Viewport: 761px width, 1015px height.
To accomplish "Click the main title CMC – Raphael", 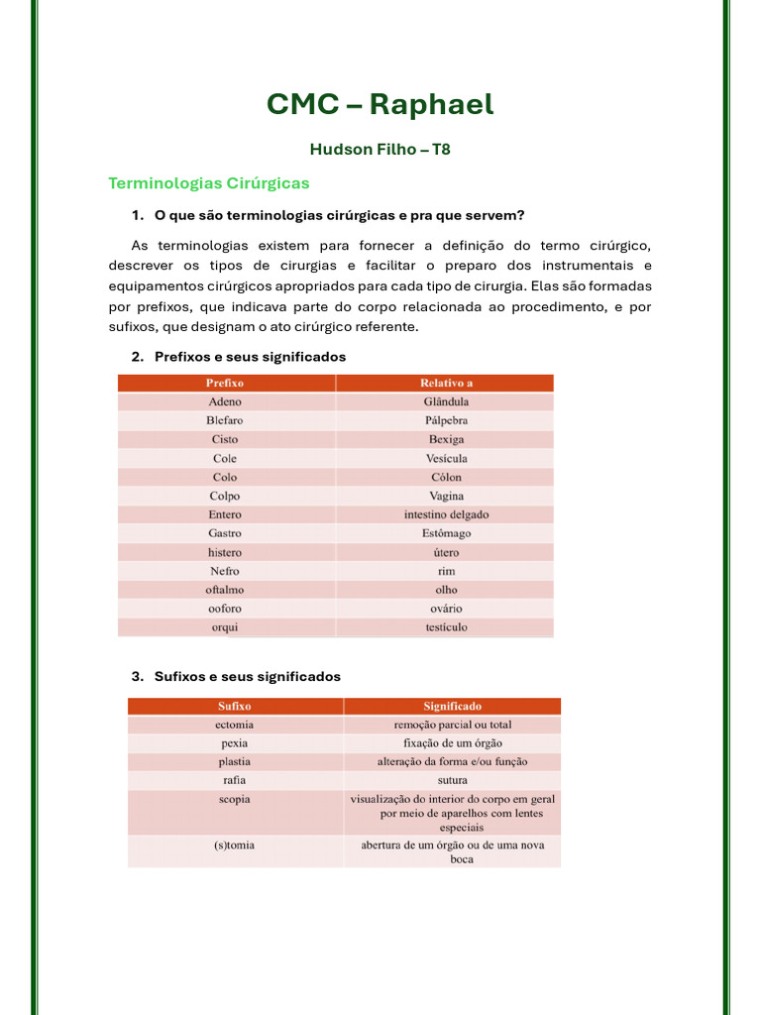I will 380,104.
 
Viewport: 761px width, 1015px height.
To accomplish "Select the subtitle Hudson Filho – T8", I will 380,150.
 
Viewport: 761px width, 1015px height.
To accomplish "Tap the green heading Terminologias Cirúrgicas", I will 208,183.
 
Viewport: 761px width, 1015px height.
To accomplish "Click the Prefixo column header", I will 225,383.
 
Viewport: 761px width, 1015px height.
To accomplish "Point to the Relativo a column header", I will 446,383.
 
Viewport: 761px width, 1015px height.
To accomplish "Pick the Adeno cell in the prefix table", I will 225,401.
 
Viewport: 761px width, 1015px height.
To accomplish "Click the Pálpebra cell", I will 446,420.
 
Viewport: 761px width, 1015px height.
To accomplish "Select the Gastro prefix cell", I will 225,533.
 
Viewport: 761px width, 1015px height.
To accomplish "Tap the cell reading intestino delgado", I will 446,514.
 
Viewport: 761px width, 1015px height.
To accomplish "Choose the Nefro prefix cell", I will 225,571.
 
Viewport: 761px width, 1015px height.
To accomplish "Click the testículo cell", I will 446,627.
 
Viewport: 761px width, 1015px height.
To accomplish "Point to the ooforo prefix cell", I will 225,609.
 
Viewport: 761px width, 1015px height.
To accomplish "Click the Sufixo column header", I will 235,707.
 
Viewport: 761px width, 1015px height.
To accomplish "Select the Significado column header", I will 452,707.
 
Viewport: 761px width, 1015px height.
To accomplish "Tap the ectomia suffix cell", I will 235,725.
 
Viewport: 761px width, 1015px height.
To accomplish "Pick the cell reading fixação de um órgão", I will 452,743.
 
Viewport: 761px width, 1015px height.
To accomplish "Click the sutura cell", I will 452,780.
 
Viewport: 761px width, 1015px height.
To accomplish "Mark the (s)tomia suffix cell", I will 235,846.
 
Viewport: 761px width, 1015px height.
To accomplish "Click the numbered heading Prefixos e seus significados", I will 250,357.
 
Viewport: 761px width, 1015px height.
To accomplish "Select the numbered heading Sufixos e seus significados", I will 247,677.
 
